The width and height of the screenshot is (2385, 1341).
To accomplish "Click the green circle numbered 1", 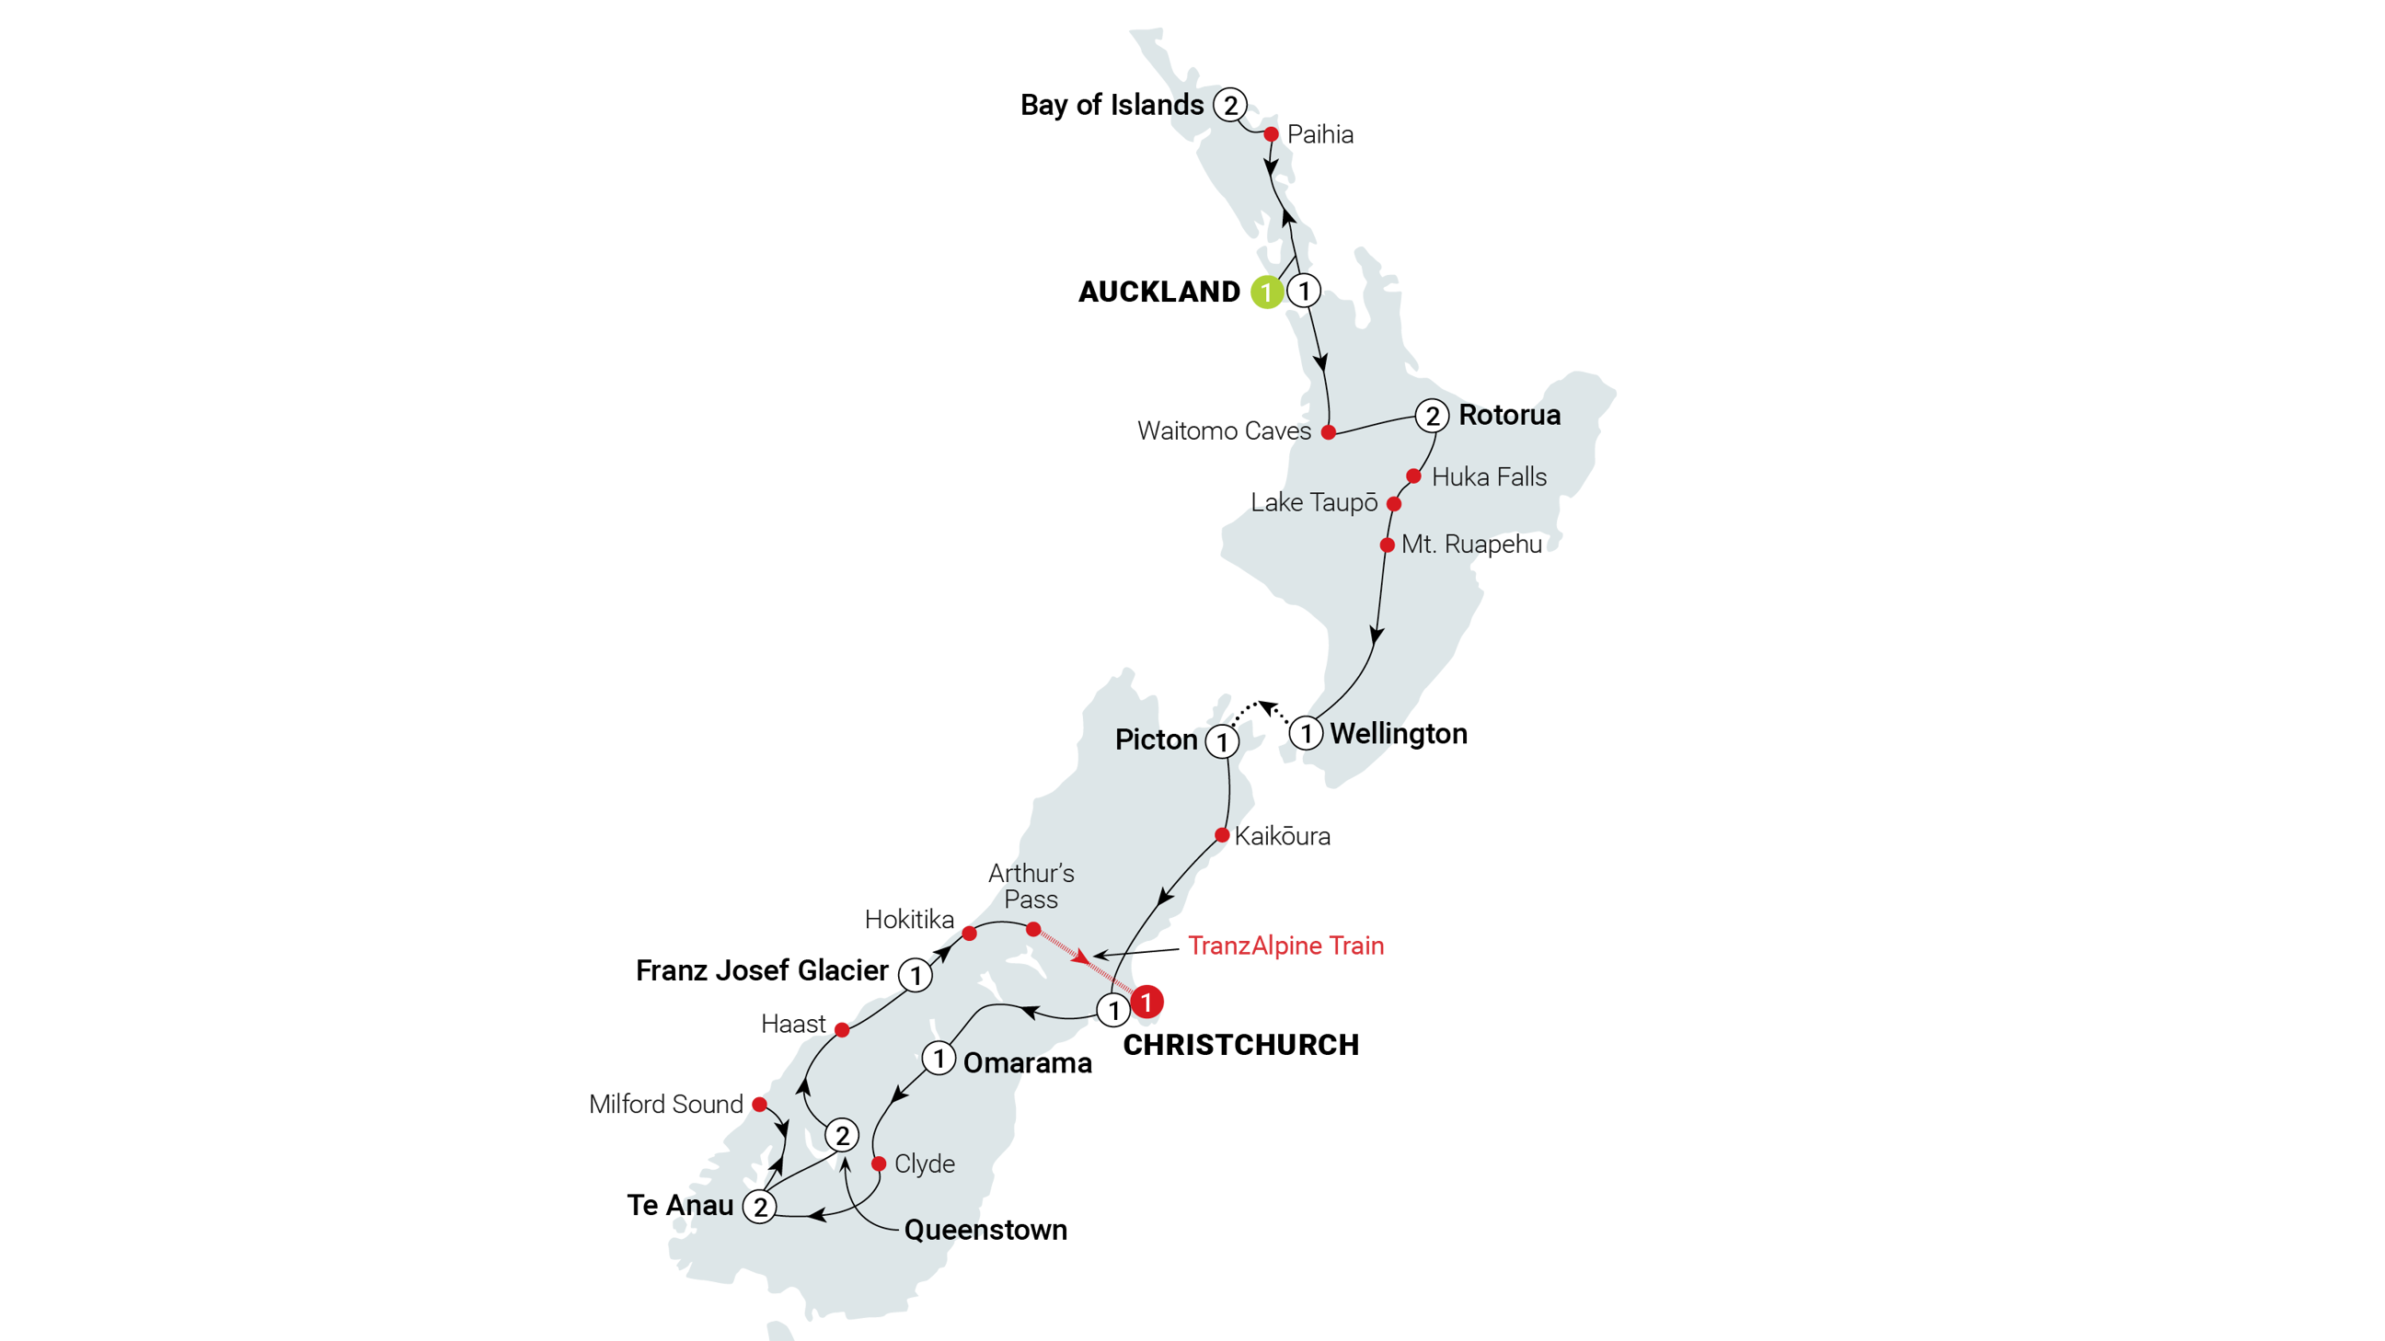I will point(1265,292).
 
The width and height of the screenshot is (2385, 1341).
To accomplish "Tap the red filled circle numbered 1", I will point(1147,1002).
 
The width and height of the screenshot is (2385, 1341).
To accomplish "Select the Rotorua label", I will point(1509,416).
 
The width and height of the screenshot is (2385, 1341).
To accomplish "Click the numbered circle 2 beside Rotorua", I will point(1433,417).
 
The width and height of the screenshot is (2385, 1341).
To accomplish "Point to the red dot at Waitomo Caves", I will point(1328,432).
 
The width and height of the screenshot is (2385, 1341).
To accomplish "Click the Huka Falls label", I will point(1489,477).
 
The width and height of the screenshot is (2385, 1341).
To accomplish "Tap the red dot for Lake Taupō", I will point(1393,504).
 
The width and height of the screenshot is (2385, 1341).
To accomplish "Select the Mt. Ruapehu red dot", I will point(1387,545).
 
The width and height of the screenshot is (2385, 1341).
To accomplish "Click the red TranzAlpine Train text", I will point(1285,946).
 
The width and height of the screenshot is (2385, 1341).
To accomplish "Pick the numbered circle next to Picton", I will point(1222,741).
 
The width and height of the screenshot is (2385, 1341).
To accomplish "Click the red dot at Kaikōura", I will point(1222,835).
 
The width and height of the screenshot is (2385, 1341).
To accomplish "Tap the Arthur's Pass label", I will point(1031,886).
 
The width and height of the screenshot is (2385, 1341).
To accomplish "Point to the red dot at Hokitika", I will point(970,933).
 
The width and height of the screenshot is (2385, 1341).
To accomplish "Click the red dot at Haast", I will point(841,1029).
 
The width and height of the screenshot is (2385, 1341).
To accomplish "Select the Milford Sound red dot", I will point(758,1103).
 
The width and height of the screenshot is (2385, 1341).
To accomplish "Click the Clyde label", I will point(924,1164).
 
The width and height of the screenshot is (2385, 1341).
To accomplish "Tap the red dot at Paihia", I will point(1272,134).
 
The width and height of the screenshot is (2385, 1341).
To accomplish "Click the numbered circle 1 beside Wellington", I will point(1306,734).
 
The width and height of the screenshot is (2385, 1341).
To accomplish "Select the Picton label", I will point(1156,739).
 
